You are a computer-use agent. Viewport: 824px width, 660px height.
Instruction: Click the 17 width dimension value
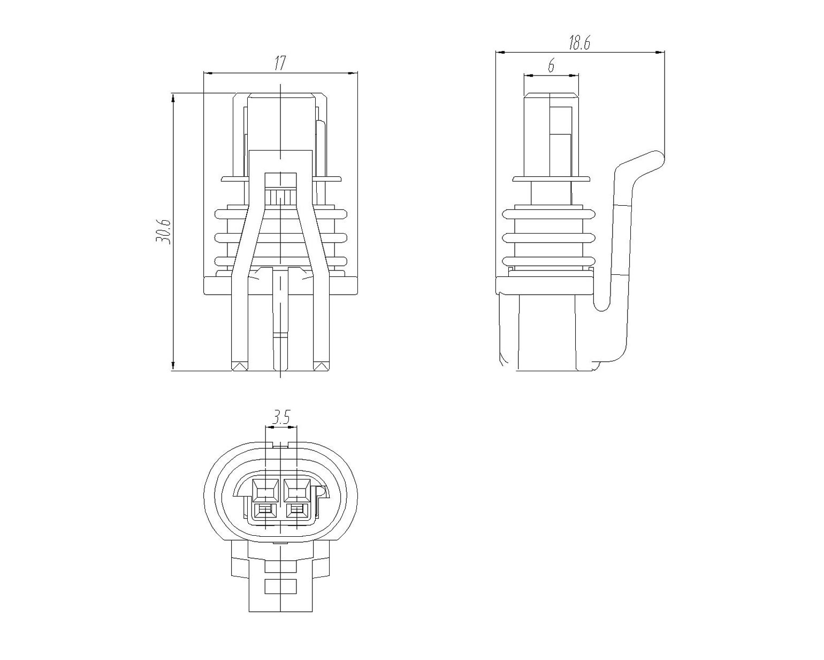[280, 63]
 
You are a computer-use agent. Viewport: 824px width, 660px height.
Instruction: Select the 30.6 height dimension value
[163, 231]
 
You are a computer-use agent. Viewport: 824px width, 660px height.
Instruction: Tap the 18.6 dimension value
[579, 43]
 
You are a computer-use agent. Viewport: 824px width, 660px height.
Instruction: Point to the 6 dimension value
[551, 66]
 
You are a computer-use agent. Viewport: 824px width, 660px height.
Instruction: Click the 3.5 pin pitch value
[281, 416]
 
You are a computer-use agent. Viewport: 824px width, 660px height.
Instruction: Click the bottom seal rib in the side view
[548, 261]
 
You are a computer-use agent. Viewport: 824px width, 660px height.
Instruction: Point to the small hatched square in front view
[281, 198]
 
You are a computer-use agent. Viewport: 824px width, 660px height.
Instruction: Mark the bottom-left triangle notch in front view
[240, 366]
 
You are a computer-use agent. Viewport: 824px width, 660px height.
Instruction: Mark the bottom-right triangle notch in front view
[321, 366]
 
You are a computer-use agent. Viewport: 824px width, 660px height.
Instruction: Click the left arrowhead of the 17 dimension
[208, 73]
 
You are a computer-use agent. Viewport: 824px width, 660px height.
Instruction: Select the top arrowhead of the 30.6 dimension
[173, 98]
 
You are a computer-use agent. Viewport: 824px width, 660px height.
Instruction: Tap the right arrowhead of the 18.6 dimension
[659, 52]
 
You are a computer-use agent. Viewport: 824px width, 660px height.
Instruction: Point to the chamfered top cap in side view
[551, 95]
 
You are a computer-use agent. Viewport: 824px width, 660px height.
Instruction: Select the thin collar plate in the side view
[551, 179]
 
